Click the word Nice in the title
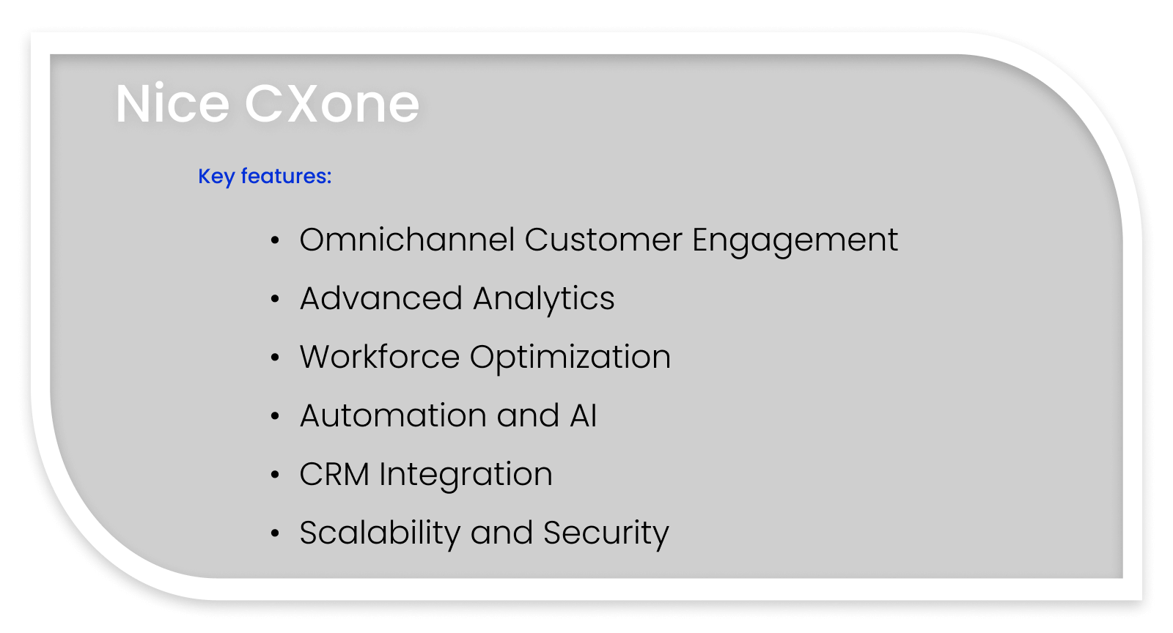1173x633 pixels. click(172, 104)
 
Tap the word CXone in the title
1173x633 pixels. click(331, 104)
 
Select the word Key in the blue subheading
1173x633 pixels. click(216, 177)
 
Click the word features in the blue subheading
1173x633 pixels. click(286, 176)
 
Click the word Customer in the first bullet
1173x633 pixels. click(603, 240)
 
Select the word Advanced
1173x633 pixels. click(381, 299)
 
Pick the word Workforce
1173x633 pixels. click(380, 358)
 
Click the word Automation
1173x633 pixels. click(393, 416)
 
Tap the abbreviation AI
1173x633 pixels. click(584, 416)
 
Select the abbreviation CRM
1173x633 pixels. click(334, 475)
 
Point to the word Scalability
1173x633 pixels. click(380, 533)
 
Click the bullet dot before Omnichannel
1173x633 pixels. click(275, 240)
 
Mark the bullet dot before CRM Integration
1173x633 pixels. click(275, 475)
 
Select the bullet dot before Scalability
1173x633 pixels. click(275, 533)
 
